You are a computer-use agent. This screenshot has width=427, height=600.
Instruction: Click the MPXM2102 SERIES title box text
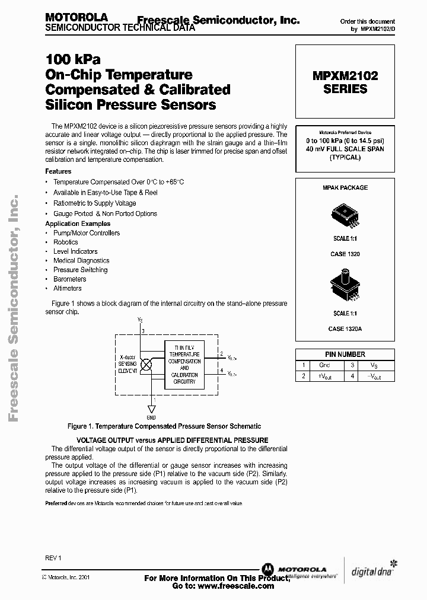[345, 82]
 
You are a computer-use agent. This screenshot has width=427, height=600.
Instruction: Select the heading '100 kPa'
[73, 60]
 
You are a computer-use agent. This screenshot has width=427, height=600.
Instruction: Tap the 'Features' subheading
[58, 171]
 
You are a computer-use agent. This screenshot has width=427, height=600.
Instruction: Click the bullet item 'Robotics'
[66, 242]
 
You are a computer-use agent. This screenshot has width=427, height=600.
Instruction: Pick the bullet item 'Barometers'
[69, 279]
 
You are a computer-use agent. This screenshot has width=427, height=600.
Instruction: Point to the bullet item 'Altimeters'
[68, 288]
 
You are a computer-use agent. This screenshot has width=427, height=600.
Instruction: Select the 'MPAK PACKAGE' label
[345, 187]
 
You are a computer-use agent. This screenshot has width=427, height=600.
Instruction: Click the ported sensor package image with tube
[345, 286]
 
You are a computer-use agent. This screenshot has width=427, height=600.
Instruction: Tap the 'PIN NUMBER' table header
[345, 354]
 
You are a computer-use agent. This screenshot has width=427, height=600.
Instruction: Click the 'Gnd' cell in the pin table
[324, 365]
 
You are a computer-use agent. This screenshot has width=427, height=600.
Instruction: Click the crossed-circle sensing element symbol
[144, 365]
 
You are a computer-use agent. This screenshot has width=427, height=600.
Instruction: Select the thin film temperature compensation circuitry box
[184, 364]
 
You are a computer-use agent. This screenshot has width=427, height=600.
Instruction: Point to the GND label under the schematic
[151, 417]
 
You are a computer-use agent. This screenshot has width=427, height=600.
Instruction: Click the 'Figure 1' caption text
[164, 426]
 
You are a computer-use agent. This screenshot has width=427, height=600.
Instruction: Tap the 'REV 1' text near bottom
[53, 558]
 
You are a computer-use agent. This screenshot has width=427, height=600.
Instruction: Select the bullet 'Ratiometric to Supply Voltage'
[95, 203]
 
